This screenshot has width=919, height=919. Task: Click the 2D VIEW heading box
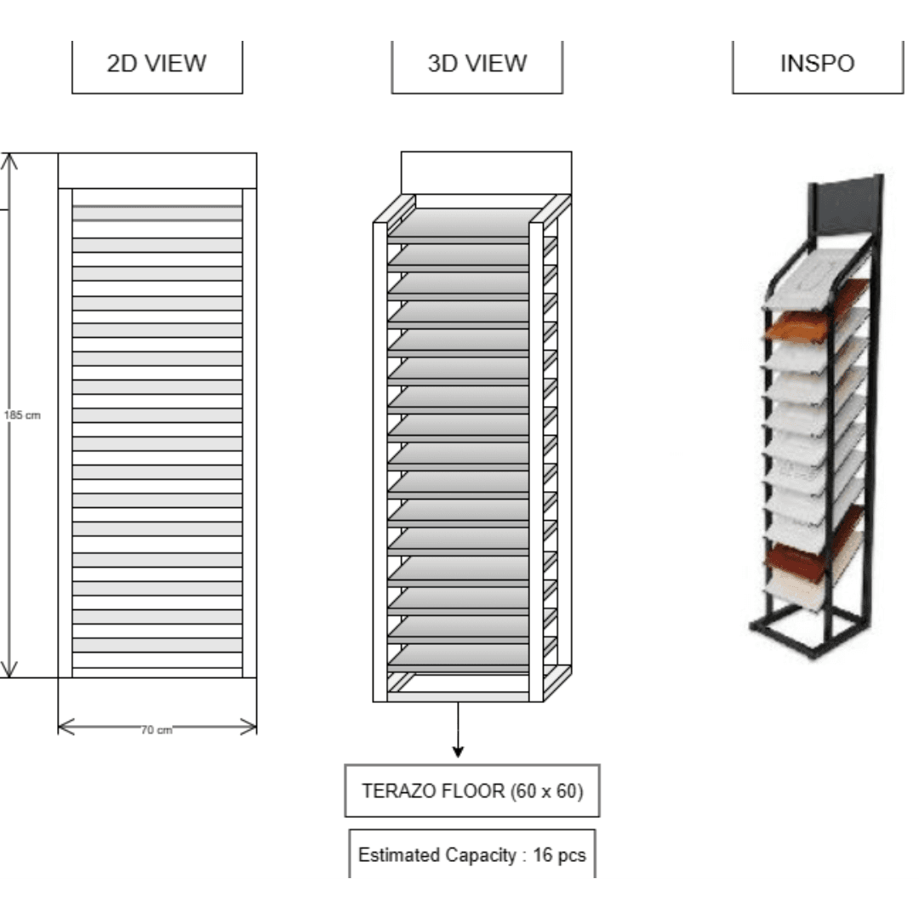point(157,67)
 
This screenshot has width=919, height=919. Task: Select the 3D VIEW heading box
point(477,67)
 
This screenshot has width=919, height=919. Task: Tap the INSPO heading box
point(818,67)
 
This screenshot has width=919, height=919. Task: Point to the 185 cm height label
point(22,415)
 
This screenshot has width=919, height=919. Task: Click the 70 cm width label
point(157,730)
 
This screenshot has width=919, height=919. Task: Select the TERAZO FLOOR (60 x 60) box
point(471,791)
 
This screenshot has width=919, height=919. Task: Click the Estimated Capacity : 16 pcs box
point(471,853)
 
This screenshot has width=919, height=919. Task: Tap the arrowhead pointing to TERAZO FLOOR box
point(459,752)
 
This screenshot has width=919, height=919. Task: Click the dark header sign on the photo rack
point(845,206)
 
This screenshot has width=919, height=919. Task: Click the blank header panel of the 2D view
point(157,170)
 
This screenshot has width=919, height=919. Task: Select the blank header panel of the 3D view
point(486,173)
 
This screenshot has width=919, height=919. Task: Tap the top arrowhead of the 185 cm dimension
point(9,156)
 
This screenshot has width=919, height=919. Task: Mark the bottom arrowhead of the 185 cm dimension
point(9,675)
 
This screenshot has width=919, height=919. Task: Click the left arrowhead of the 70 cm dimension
point(60,728)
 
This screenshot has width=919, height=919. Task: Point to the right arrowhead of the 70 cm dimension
point(255,728)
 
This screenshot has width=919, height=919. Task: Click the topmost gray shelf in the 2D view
point(157,214)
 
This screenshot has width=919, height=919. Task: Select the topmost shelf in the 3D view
point(463,224)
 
